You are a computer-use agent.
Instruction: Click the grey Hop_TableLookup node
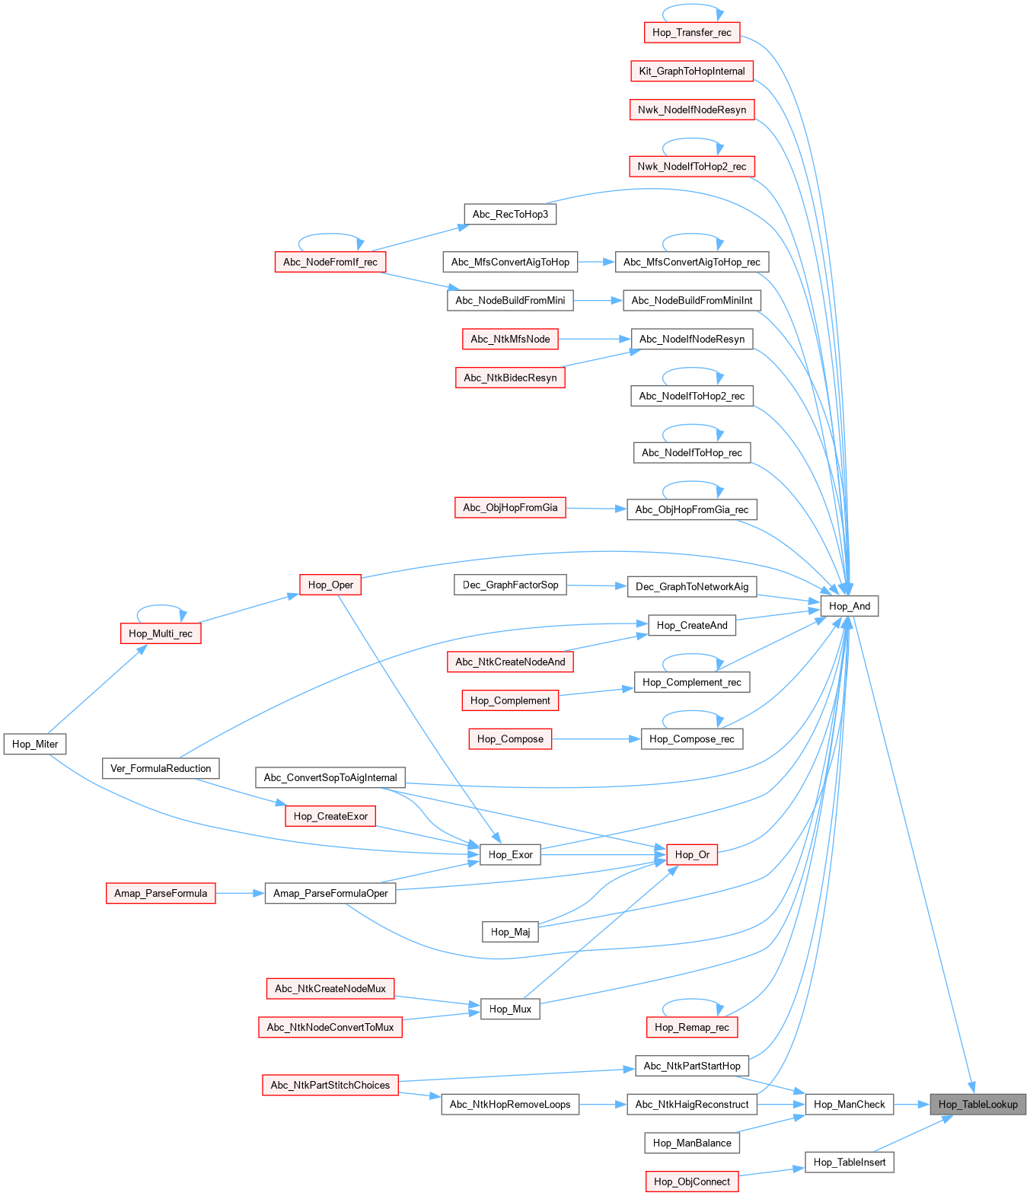(x=977, y=1104)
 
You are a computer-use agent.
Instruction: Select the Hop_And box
(x=849, y=606)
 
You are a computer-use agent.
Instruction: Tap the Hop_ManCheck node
(x=849, y=1104)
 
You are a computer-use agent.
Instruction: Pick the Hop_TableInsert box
(x=849, y=1162)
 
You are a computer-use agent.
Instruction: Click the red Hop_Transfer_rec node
(x=691, y=33)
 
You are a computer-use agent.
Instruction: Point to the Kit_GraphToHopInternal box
(x=691, y=71)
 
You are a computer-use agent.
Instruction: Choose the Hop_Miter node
(x=35, y=744)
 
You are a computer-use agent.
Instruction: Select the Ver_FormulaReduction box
(x=161, y=768)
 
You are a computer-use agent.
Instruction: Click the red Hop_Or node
(x=691, y=854)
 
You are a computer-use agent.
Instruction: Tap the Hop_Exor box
(x=510, y=854)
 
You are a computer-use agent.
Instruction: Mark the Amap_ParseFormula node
(x=161, y=893)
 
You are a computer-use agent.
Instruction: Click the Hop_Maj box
(x=510, y=932)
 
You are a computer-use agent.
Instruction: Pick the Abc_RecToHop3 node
(x=510, y=214)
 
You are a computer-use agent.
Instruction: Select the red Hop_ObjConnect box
(x=691, y=1181)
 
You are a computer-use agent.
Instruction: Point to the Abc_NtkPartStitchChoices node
(x=330, y=1085)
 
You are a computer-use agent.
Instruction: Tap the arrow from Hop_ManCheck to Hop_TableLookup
(x=911, y=1104)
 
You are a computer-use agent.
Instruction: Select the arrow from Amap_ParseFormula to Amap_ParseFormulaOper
(x=240, y=893)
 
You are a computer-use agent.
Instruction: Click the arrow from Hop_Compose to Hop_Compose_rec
(x=596, y=738)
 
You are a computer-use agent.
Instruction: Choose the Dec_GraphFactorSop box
(x=510, y=585)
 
